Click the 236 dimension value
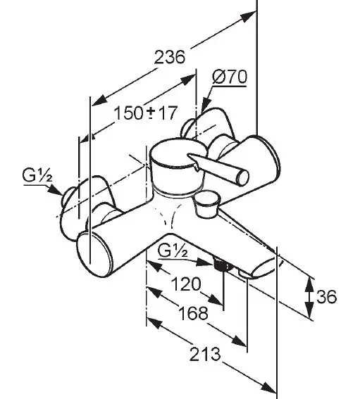[170, 57]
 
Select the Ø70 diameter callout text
[230, 76]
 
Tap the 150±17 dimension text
[145, 113]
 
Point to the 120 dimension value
[186, 284]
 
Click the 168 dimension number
[193, 312]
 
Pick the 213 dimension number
[205, 354]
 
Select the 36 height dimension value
[326, 296]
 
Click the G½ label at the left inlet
[37, 176]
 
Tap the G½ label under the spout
[173, 251]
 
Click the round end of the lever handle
[243, 177]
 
